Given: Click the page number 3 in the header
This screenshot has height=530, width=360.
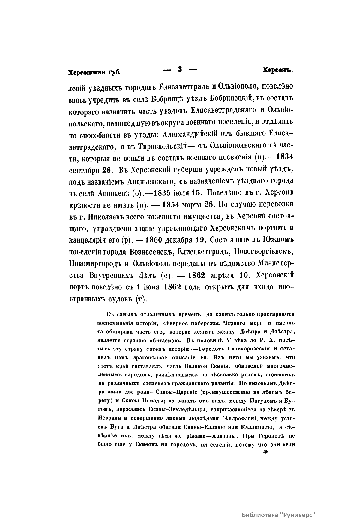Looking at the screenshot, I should pyautogui.click(x=180, y=69).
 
